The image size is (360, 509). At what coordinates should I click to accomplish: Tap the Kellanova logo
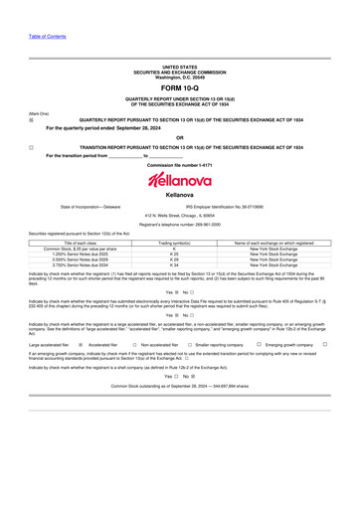pyautogui.click(x=180, y=179)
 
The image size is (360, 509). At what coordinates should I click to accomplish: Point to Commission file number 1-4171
pyautogui.click(x=180, y=164)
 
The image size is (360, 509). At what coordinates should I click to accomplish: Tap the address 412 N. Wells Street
pyautogui.click(x=180, y=215)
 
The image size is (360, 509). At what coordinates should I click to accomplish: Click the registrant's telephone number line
pyautogui.click(x=180, y=225)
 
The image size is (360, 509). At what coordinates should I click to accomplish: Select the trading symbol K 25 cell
pyautogui.click(x=174, y=254)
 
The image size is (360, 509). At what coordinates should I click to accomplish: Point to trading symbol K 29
pyautogui.click(x=174, y=259)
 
